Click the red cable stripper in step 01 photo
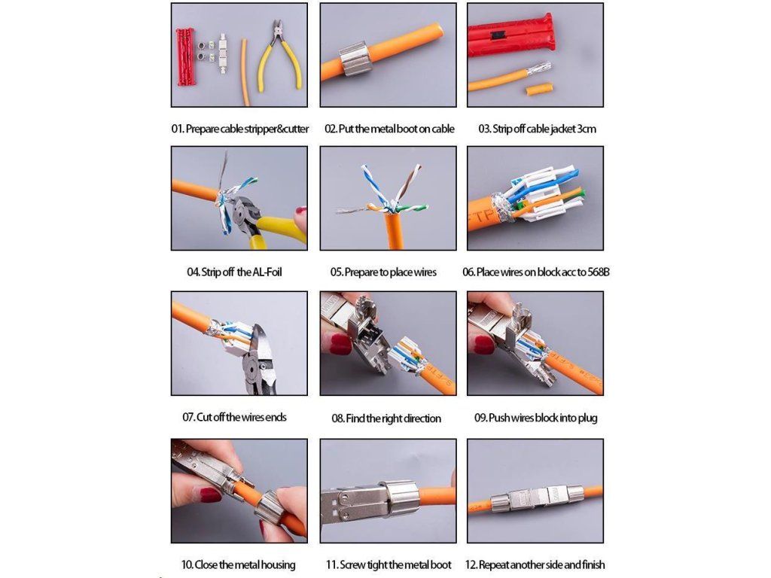(x=186, y=56)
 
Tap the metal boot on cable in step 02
(x=352, y=59)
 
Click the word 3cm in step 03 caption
(x=587, y=129)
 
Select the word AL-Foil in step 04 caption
(x=267, y=272)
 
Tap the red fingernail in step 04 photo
(x=300, y=211)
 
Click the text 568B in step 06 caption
(x=599, y=272)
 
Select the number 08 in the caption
(x=337, y=418)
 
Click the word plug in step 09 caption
(x=587, y=418)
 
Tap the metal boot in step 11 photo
(x=398, y=499)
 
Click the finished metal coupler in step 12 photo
(x=535, y=498)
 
